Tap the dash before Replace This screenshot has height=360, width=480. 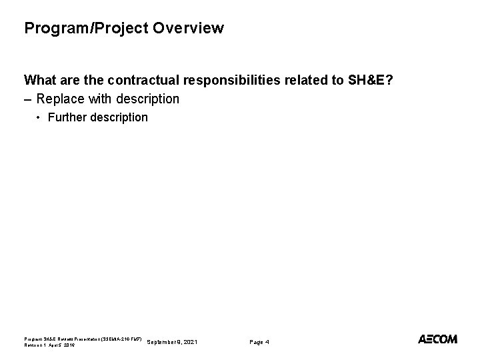(28, 99)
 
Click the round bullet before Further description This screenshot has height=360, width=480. (39, 118)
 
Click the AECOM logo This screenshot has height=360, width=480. (437, 339)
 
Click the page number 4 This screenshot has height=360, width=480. (267, 342)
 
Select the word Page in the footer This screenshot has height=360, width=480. (256, 342)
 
